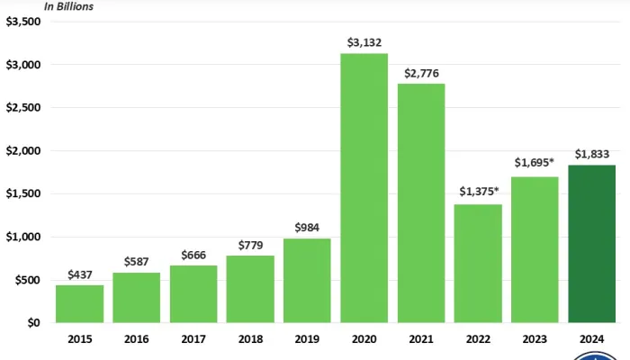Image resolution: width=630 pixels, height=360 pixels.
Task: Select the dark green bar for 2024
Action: (592, 244)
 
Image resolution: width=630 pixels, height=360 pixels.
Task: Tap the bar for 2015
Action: (79, 304)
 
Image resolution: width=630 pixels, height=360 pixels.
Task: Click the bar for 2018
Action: (250, 289)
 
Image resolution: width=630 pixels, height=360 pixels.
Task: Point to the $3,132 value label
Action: (364, 42)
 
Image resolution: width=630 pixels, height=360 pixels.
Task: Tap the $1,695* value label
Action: (535, 164)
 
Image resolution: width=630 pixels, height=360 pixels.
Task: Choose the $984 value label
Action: (308, 227)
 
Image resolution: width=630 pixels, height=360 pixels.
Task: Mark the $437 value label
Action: (79, 274)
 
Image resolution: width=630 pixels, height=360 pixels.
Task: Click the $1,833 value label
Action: (592, 153)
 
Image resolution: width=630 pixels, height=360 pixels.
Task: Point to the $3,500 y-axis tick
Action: (22, 22)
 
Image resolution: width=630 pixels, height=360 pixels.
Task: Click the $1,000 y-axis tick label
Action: (22, 237)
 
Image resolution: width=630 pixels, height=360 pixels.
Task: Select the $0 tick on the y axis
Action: (32, 322)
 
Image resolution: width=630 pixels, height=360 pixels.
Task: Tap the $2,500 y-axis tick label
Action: (22, 108)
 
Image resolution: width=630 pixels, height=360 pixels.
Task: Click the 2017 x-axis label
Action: (193, 340)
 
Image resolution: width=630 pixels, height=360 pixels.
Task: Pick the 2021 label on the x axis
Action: (421, 340)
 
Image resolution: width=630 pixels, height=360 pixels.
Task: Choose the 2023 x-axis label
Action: (535, 340)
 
